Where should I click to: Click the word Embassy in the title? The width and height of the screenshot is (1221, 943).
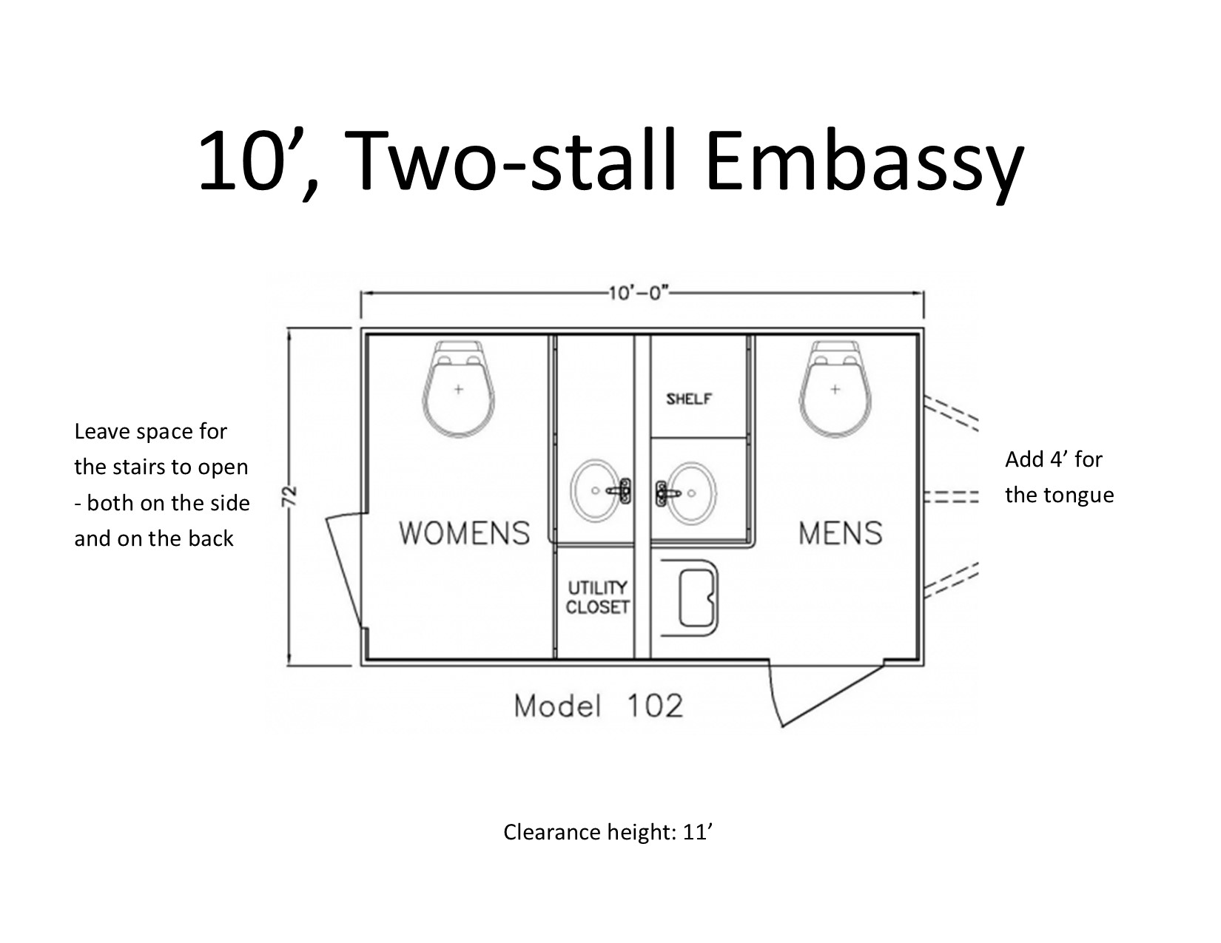(864, 162)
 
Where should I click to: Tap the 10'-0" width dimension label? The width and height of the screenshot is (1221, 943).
(639, 293)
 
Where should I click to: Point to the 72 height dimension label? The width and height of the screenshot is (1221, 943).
(290, 496)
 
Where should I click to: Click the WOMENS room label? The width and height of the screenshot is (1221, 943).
(464, 533)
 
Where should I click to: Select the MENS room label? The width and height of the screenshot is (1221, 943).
(841, 533)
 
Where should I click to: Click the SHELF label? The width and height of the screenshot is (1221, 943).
(689, 399)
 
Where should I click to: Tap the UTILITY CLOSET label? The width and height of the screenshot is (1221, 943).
(597, 598)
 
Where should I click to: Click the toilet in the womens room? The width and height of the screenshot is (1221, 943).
(459, 388)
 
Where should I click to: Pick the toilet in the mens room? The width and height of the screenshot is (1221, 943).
(835, 388)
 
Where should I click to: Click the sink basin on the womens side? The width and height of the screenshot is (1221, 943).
(596, 491)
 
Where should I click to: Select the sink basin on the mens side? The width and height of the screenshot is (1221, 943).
(692, 493)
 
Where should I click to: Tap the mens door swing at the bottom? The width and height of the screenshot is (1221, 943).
(825, 694)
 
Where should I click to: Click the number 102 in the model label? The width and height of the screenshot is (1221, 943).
(655, 706)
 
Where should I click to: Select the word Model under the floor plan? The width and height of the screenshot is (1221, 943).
(557, 706)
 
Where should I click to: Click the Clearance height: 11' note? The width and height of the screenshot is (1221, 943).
(608, 832)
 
